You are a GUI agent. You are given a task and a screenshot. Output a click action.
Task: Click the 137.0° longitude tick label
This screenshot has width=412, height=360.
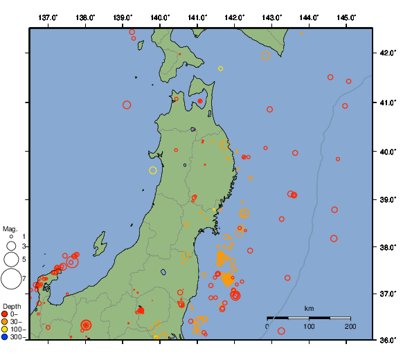pyautogui.click(x=48, y=17)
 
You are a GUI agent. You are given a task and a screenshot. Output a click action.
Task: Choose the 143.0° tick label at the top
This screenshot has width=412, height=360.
pyautogui.click(x=271, y=17)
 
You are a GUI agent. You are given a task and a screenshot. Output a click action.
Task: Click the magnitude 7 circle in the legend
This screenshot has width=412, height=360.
pyautogui.click(x=11, y=279)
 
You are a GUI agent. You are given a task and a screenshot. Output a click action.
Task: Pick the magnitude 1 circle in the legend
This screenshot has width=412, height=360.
pyautogui.click(x=11, y=237)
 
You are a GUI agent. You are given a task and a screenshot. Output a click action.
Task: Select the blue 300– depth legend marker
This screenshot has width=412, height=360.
pyautogui.click(x=5, y=337)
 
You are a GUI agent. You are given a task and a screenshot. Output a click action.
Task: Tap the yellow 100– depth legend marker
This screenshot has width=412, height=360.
pyautogui.click(x=5, y=330)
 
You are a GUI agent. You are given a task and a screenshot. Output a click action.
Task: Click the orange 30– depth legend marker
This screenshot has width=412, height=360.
pyautogui.click(x=5, y=322)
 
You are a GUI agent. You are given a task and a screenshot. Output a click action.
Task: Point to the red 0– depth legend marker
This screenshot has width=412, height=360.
pyautogui.click(x=5, y=314)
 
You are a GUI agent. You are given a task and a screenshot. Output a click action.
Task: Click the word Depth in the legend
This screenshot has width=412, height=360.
pyautogui.click(x=11, y=306)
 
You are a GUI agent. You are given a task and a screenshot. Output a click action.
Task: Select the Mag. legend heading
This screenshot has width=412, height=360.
pyautogui.click(x=10, y=228)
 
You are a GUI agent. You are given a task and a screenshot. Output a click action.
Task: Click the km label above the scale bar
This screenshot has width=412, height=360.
pyautogui.click(x=309, y=308)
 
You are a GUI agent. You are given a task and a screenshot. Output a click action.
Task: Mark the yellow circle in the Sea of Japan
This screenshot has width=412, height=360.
pyautogui.click(x=153, y=170)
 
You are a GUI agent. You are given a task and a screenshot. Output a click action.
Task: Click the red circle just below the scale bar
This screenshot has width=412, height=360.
pyautogui.click(x=281, y=331)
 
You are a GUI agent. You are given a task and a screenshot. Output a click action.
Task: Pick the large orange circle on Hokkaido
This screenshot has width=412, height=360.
pyautogui.click(x=266, y=55)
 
